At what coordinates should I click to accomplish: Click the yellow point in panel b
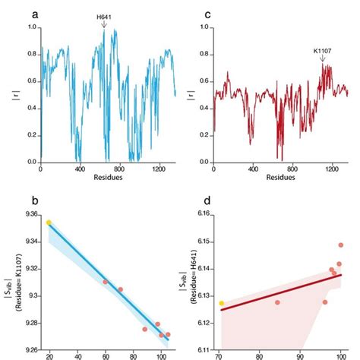click(49, 223)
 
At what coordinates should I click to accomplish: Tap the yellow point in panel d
click(221, 303)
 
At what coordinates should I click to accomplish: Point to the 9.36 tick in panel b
click(30, 215)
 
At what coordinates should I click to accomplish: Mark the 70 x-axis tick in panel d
click(219, 355)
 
